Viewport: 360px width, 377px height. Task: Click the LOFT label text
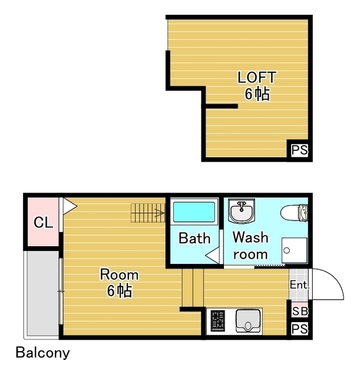(x=256, y=77)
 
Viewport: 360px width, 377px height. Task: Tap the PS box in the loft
(x=299, y=150)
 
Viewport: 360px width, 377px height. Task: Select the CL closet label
(x=43, y=223)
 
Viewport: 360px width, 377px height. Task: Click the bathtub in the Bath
(x=194, y=212)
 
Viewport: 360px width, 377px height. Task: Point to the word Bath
(x=194, y=238)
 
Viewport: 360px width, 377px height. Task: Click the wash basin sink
(x=242, y=211)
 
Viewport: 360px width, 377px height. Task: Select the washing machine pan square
(x=295, y=250)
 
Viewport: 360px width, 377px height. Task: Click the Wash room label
(x=250, y=246)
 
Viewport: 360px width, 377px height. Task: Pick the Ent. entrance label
(x=299, y=285)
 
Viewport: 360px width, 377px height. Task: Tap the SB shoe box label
(x=300, y=312)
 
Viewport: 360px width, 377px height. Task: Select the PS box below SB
(x=299, y=329)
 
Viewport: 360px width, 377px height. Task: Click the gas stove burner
(x=218, y=320)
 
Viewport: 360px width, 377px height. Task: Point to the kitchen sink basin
(x=248, y=321)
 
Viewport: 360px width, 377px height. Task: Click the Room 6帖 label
(x=119, y=283)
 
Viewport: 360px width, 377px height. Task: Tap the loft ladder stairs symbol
(x=148, y=213)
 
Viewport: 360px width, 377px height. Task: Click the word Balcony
(x=43, y=353)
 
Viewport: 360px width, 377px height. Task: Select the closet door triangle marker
(x=70, y=206)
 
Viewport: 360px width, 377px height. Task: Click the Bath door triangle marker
(x=212, y=255)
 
